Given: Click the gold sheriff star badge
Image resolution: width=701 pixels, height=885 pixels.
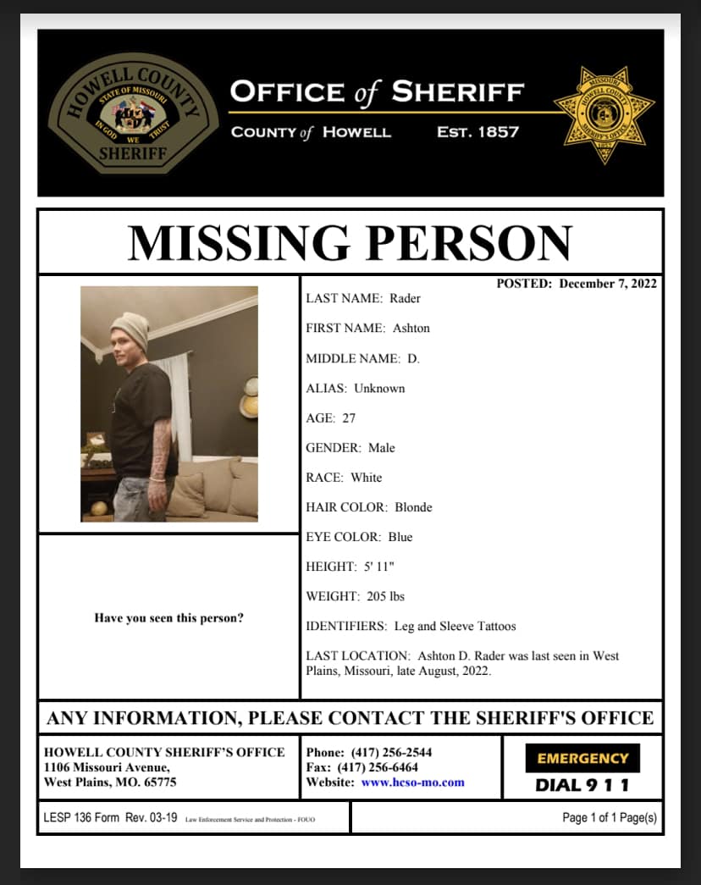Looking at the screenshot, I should tap(604, 113).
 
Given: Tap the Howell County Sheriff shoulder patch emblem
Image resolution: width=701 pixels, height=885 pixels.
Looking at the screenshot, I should tap(133, 113).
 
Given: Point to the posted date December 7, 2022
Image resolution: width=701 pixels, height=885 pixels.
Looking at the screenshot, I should tap(608, 284).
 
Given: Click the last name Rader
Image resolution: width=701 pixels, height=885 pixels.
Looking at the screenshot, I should tap(406, 298).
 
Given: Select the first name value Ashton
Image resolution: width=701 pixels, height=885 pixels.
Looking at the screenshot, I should tap(411, 328).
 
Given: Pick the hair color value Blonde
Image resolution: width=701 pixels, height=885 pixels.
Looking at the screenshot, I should tap(413, 507).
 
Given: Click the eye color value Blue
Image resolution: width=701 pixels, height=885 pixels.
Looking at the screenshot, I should tap(400, 537).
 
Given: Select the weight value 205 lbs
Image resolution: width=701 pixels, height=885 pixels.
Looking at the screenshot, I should tap(386, 596).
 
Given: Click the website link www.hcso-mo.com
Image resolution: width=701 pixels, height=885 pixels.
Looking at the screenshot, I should tap(412, 783).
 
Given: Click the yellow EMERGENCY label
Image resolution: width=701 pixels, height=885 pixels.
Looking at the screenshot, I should tap(582, 759).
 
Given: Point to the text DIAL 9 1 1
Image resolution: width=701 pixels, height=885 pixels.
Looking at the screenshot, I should tap(582, 785).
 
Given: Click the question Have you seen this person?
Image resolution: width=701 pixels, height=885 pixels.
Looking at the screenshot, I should tap(168, 618).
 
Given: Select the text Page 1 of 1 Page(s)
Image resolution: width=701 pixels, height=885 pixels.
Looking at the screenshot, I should tap(609, 818).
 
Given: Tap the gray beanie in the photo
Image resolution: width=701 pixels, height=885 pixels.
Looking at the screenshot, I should tap(130, 329).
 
